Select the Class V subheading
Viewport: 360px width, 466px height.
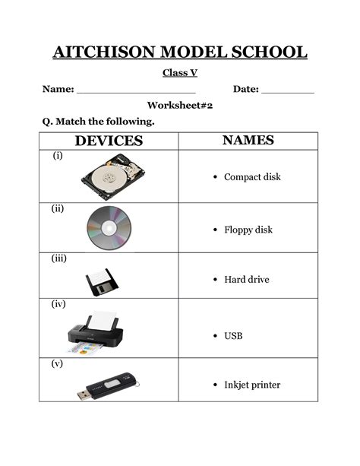(x=179, y=73)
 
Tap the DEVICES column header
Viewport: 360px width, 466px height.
(x=109, y=141)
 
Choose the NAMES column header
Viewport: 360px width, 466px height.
(x=248, y=141)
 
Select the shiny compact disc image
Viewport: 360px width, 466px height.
(x=109, y=227)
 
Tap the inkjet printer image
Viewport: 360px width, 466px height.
(x=95, y=332)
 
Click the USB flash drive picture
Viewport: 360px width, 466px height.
(x=109, y=387)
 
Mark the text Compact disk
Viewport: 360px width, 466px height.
(x=252, y=177)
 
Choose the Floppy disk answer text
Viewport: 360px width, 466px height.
(x=248, y=230)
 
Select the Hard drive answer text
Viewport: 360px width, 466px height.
(x=246, y=280)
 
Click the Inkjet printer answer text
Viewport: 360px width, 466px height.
(x=252, y=385)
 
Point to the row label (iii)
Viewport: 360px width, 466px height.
(x=59, y=258)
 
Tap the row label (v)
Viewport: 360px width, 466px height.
(x=58, y=363)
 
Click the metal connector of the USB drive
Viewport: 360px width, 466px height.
(x=82, y=395)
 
